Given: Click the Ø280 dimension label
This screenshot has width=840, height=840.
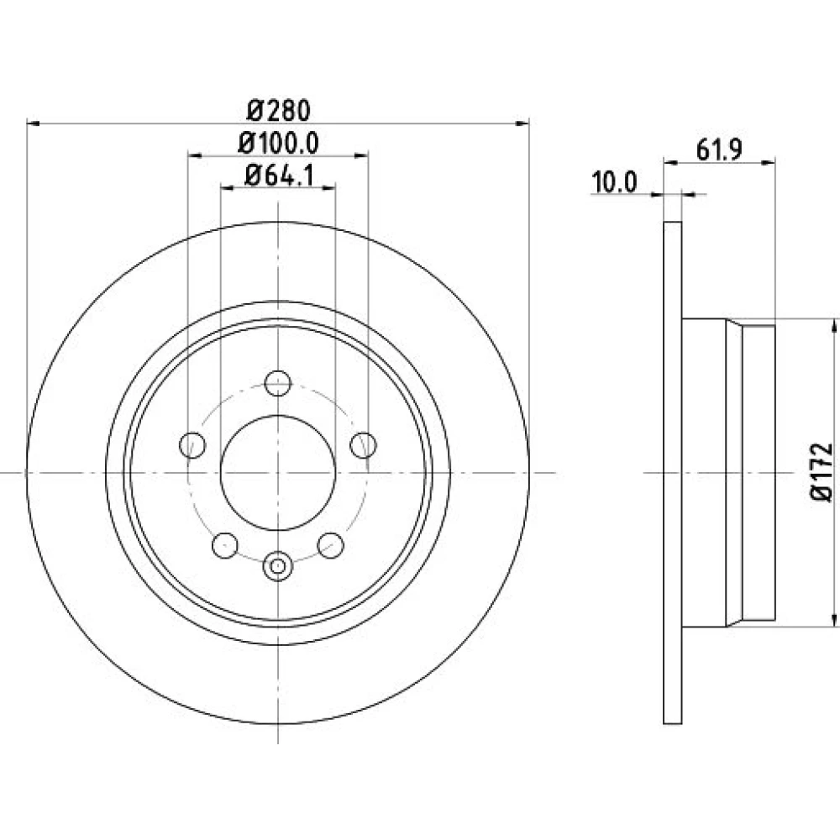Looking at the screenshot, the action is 278,110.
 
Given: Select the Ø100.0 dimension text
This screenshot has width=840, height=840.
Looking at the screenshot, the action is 278,143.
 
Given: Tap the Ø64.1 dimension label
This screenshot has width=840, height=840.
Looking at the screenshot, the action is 279,176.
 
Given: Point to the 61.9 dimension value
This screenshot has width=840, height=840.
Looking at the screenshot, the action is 719,150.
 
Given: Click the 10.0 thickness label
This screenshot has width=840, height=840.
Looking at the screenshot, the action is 614,182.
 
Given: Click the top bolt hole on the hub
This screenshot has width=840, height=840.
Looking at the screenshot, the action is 278,383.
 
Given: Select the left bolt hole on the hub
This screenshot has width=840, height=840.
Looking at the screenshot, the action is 192,445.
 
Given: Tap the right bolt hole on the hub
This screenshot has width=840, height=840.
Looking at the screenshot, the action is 363,445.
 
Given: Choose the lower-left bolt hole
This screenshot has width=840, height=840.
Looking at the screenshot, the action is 225,546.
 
